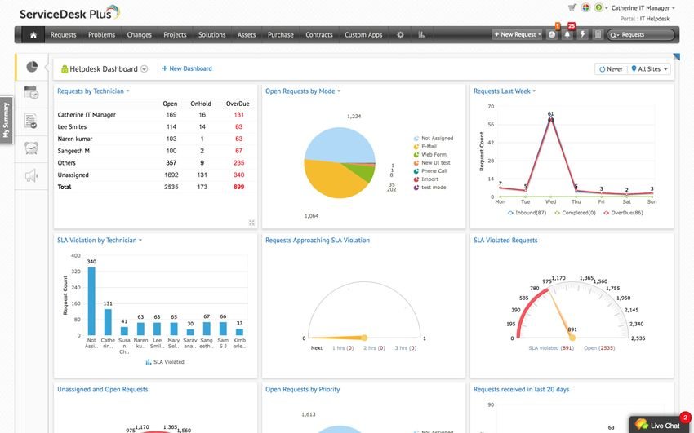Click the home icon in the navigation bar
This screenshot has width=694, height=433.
pyautogui.click(x=33, y=35)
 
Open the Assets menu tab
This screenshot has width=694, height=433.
pyautogui.click(x=247, y=35)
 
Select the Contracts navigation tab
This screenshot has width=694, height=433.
pyautogui.click(x=318, y=35)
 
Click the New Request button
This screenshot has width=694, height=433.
pyautogui.click(x=517, y=35)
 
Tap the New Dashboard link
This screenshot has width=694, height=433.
pyautogui.click(x=187, y=69)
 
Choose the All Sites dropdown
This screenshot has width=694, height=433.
pyautogui.click(x=650, y=69)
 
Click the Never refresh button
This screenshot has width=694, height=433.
pyautogui.click(x=611, y=69)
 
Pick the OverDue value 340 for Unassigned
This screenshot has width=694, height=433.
pyautogui.click(x=238, y=175)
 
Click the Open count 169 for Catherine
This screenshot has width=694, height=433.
pyautogui.click(x=171, y=115)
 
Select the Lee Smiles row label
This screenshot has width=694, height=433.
pyautogui.click(x=73, y=127)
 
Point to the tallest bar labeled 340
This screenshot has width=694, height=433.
pyautogui.click(x=91, y=301)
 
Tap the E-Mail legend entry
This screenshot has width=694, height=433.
pyautogui.click(x=429, y=146)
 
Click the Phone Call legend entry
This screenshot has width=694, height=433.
pyautogui.click(x=434, y=170)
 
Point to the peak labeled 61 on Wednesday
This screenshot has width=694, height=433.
pyautogui.click(x=551, y=119)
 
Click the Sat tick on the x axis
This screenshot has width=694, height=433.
pyautogui.click(x=626, y=201)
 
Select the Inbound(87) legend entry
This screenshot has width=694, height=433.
pyautogui.click(x=526, y=213)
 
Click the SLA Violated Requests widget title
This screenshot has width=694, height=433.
pyautogui.click(x=505, y=241)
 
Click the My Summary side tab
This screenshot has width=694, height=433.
pyautogui.click(x=6, y=120)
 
